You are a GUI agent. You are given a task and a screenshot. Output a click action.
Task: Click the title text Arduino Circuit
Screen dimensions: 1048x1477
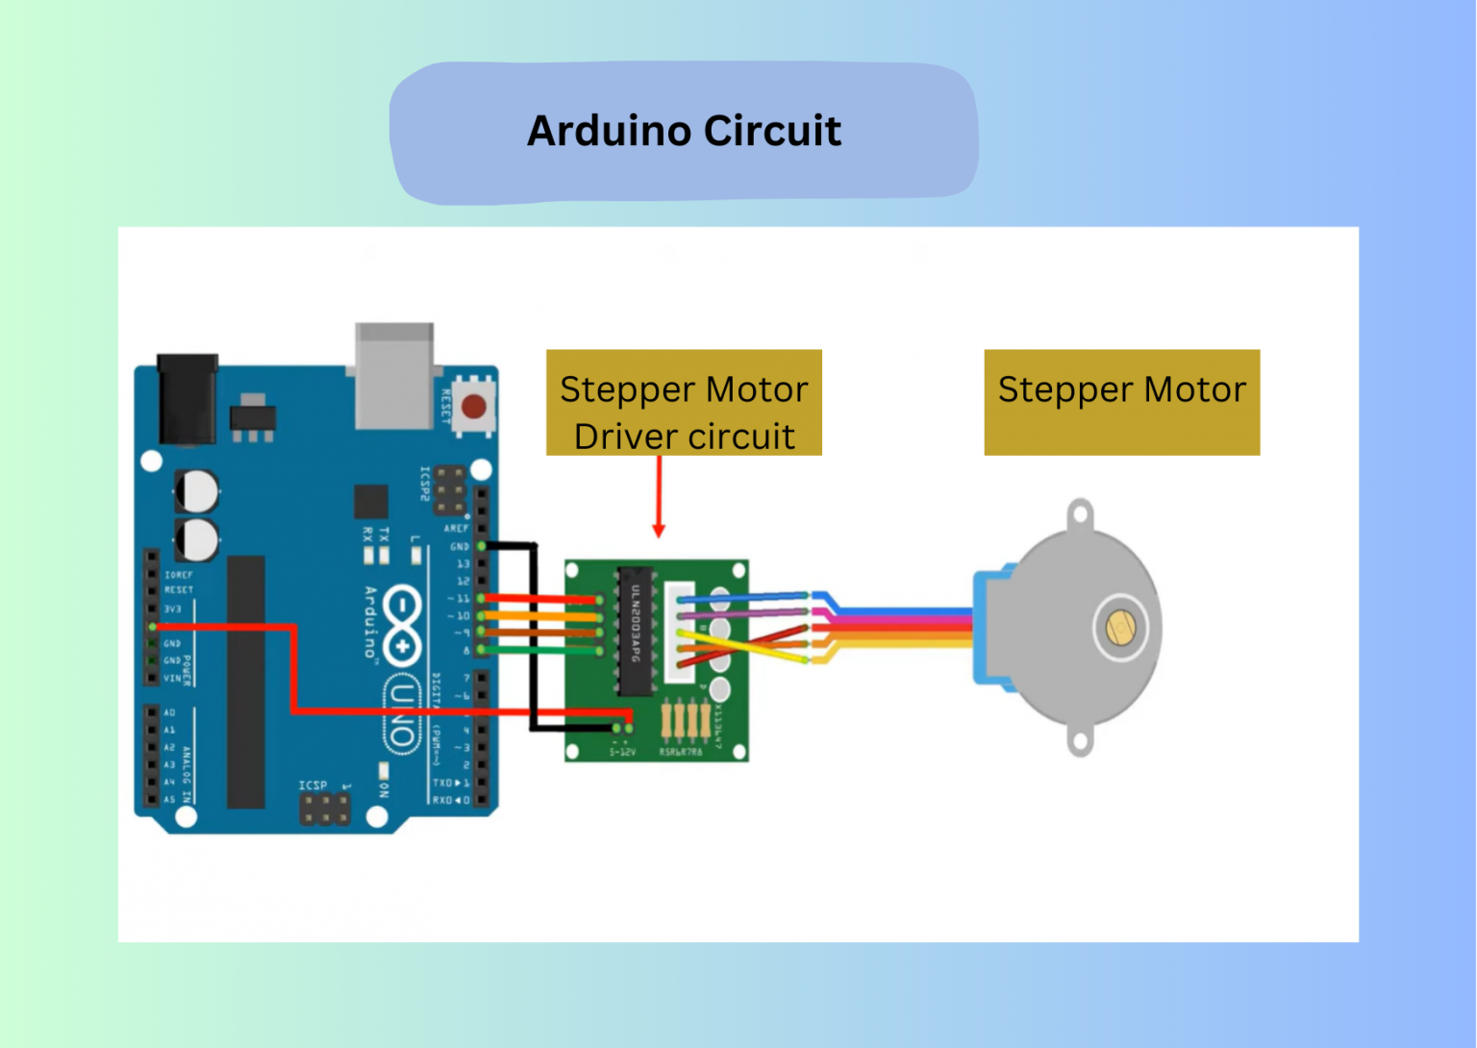(684, 132)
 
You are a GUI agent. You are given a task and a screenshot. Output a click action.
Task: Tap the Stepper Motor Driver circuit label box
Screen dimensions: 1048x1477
(684, 403)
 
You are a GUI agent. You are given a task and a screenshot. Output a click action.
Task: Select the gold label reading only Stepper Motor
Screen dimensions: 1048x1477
(1121, 402)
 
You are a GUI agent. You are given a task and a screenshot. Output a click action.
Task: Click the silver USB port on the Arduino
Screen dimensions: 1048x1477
(394, 375)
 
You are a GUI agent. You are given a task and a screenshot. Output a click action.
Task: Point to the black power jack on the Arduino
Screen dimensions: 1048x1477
(187, 399)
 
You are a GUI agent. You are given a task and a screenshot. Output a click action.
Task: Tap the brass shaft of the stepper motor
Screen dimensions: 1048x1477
(1120, 628)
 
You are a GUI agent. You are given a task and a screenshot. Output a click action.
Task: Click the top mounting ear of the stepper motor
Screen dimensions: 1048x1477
(1080, 514)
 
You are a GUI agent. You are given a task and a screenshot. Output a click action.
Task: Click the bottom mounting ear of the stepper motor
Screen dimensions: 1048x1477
(1080, 741)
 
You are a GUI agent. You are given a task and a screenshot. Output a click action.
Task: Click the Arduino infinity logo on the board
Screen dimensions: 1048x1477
(402, 625)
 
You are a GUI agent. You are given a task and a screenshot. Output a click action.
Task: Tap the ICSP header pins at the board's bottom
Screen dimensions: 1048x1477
(325, 810)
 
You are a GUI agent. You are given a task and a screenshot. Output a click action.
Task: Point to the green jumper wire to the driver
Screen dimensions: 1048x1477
(538, 651)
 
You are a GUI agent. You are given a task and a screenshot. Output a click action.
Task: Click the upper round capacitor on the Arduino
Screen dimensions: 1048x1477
(197, 491)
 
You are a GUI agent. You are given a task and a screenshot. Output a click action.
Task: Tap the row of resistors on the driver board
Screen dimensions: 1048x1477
(686, 721)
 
